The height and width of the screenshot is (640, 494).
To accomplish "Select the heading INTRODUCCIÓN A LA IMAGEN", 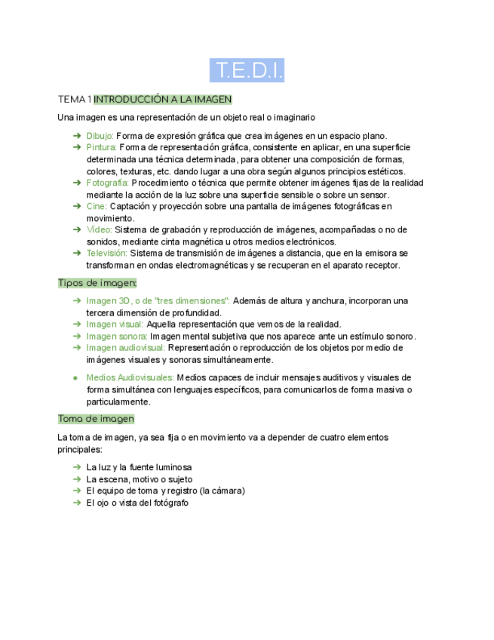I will pyautogui.click(x=162, y=100).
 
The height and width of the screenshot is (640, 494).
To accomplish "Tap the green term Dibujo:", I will pyautogui.click(x=100, y=136).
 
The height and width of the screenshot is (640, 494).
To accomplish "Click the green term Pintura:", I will pyautogui.click(x=101, y=147).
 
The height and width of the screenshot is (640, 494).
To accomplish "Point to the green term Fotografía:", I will pyautogui.click(x=108, y=183).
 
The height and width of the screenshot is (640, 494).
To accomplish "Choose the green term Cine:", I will pyautogui.click(x=97, y=206).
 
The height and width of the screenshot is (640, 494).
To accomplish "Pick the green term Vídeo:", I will pyautogui.click(x=99, y=229).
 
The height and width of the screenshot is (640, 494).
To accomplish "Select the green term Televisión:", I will pyautogui.click(x=106, y=254).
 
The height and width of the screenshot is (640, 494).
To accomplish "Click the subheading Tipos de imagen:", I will pyautogui.click(x=97, y=283).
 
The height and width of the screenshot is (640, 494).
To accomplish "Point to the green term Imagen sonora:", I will pyautogui.click(x=116, y=336).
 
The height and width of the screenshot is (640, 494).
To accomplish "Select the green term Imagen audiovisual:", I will pyautogui.click(x=125, y=348).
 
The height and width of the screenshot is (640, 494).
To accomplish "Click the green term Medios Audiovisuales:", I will pyautogui.click(x=129, y=377).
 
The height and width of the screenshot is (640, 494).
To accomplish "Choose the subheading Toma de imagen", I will pyautogui.click(x=96, y=419).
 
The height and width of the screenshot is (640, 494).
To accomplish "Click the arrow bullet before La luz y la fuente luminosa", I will pyautogui.click(x=77, y=467).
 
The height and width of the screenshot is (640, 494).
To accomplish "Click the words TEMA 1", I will pyautogui.click(x=74, y=100).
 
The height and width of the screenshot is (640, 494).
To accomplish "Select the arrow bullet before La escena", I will pyautogui.click(x=77, y=479).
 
